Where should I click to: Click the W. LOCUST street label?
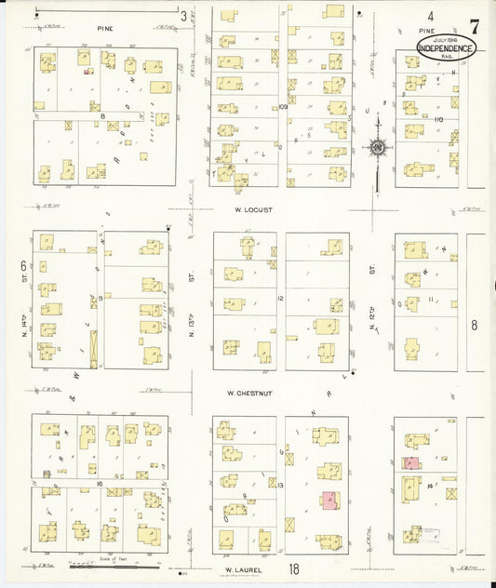252,210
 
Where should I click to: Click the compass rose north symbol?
378,147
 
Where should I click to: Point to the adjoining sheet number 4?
431,16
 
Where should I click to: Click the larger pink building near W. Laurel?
329,500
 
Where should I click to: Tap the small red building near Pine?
87,70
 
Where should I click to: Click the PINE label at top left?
104,29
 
